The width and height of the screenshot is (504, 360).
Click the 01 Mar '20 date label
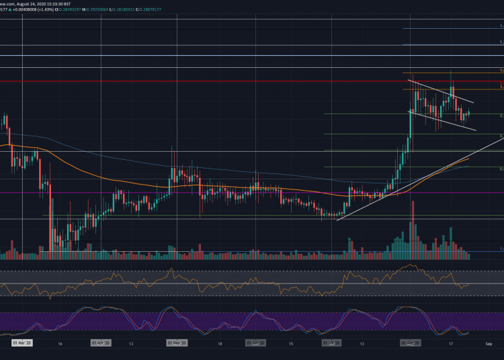click(22, 343)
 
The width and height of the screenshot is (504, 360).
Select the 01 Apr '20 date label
click(101, 343)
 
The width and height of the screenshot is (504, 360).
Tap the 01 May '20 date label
click(177, 343)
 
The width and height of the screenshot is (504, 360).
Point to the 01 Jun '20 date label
click(255, 343)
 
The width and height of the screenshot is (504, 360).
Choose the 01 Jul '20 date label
click(331, 343)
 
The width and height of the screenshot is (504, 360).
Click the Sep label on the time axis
click(489, 343)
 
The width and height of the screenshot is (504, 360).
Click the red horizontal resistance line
click(202, 81)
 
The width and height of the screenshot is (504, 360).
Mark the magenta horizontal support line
click(202, 193)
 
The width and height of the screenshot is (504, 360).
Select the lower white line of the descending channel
click(444, 122)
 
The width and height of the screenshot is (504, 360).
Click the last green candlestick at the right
click(468, 114)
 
